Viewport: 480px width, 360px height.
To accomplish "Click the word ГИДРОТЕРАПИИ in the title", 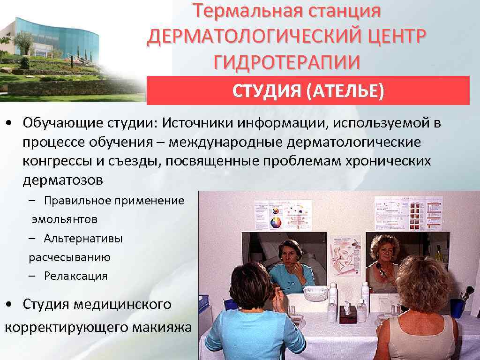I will (287, 62).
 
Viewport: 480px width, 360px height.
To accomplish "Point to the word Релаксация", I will (76, 276).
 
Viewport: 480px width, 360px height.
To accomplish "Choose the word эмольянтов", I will (65, 219).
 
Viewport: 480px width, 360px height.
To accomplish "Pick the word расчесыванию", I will (69, 257).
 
